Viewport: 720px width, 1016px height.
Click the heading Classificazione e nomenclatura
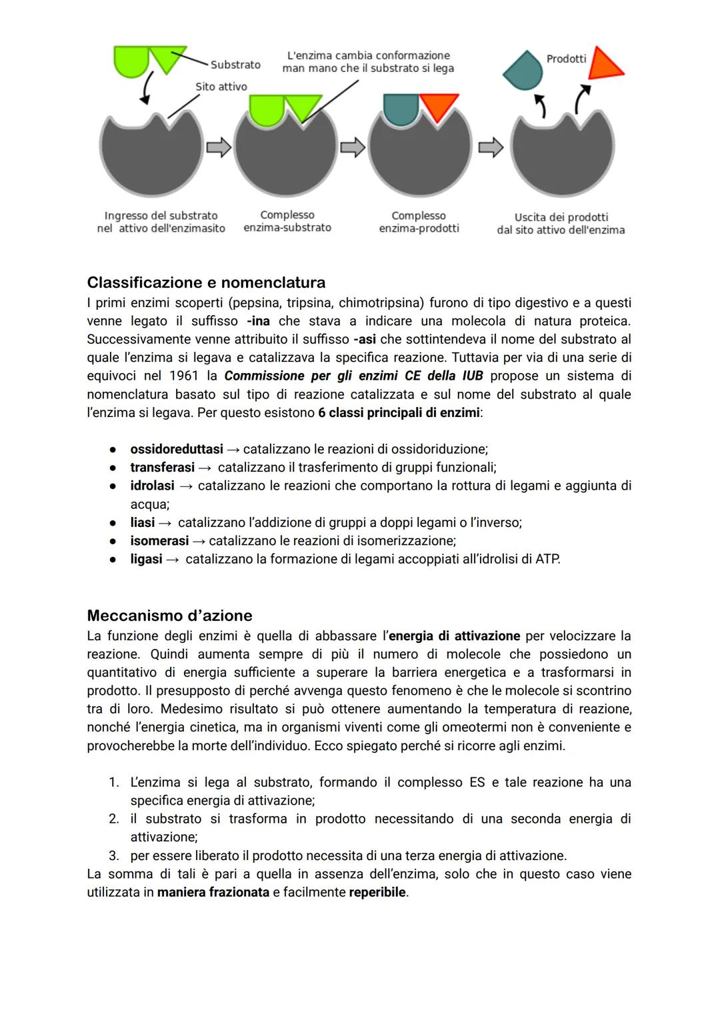click(206, 282)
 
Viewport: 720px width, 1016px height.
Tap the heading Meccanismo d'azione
click(169, 615)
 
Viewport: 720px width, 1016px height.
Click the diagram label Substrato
click(235, 65)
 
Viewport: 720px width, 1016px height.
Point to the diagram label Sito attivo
click(221, 87)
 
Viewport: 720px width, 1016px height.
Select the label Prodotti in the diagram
click(566, 59)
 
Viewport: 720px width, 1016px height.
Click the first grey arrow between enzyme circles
click(218, 147)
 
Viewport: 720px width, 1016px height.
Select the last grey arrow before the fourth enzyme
click(491, 147)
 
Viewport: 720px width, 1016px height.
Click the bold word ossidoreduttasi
click(176, 449)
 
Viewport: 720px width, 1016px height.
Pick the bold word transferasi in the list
click(162, 467)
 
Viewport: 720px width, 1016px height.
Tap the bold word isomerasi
click(159, 540)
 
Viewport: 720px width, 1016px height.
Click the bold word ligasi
click(146, 558)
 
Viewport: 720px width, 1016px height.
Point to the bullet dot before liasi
click(113, 523)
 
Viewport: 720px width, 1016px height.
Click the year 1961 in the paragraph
click(184, 376)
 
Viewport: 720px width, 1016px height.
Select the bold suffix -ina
click(258, 321)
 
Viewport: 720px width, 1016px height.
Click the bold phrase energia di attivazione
click(453, 636)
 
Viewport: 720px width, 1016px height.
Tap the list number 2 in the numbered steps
click(113, 819)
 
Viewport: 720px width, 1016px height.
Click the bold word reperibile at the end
click(377, 891)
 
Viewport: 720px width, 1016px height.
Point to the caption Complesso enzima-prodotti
click(419, 222)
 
